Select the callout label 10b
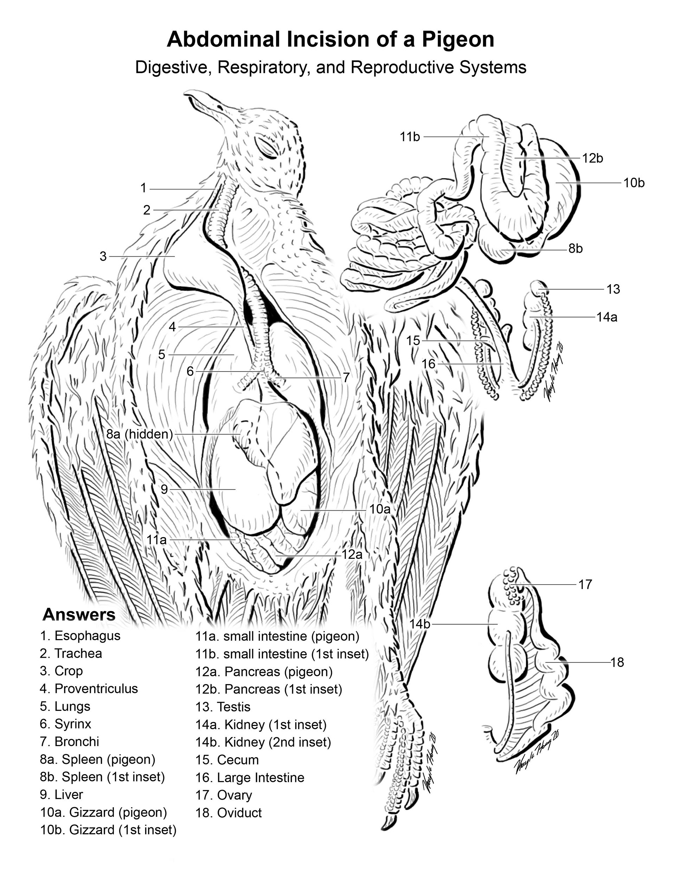pyautogui.click(x=634, y=183)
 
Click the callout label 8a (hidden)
pyautogui.click(x=139, y=434)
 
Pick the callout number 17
pyautogui.click(x=585, y=585)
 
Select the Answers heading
pyautogui.click(x=79, y=614)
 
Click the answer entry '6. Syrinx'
pyautogui.click(x=66, y=723)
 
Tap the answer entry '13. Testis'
pyautogui.click(x=223, y=707)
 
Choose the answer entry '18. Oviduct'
pyautogui.click(x=229, y=812)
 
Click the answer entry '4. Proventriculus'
pyautogui.click(x=89, y=688)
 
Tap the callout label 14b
pyautogui.click(x=419, y=624)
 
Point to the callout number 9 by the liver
pyautogui.click(x=164, y=489)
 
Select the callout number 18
pyautogui.click(x=617, y=662)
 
